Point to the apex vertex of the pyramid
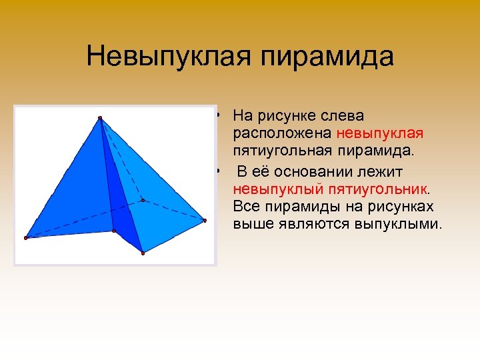(100, 119)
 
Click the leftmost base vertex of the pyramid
(26, 237)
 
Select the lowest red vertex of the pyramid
(143, 252)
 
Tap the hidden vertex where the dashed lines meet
(143, 199)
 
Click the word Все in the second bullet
(246, 207)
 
